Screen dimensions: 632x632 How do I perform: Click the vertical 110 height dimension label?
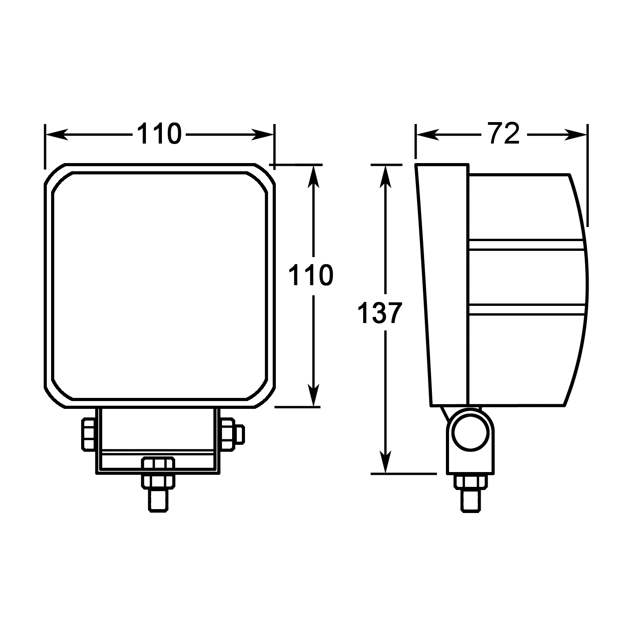[x=311, y=275]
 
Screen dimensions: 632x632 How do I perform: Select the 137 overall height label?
[x=380, y=313]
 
